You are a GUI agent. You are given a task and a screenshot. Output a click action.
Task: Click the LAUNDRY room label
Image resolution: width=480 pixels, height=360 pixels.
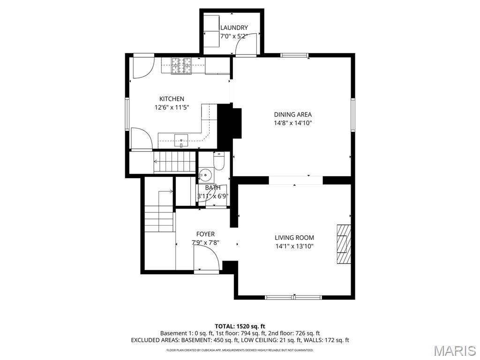(234, 28)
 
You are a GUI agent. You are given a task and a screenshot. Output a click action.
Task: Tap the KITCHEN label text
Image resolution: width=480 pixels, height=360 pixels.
(172, 99)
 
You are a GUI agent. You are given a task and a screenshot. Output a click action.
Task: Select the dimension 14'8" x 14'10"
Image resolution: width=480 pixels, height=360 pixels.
(293, 123)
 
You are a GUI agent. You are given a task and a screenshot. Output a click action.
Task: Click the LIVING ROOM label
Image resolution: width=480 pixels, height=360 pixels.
(294, 238)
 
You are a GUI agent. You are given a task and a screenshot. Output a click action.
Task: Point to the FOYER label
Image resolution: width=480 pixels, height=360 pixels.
(205, 234)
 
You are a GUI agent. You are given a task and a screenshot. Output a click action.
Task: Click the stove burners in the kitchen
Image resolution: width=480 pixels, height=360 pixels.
(182, 66)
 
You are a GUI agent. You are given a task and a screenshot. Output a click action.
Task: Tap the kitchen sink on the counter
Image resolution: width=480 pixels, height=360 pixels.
(181, 139)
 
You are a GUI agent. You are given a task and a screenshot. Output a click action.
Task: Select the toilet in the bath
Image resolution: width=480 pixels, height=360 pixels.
(219, 161)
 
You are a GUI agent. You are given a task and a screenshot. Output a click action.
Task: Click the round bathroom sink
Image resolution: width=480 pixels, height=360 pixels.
(205, 175)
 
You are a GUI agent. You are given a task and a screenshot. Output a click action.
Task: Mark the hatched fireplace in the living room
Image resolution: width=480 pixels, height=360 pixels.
(344, 244)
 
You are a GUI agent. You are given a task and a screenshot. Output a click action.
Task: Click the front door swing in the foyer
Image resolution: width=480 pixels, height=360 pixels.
(206, 259)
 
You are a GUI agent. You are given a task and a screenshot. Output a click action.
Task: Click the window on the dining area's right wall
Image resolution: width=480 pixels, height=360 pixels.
(353, 115)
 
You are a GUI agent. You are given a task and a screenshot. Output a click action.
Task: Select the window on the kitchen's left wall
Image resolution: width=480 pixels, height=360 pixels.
(127, 114)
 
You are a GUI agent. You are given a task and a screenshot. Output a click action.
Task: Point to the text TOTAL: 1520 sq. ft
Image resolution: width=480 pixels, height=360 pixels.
(240, 326)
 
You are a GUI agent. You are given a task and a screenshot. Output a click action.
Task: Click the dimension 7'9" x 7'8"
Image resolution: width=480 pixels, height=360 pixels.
(205, 243)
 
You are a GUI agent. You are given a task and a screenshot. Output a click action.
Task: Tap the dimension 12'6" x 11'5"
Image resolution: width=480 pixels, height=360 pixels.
(172, 107)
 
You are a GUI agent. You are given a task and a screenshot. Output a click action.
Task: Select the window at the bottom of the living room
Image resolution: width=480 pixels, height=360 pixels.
(293, 297)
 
